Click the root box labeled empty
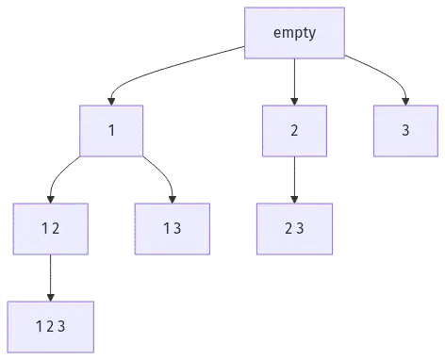pyautogui.click(x=294, y=33)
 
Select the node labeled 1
pyautogui.click(x=111, y=131)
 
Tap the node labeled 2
pyautogui.click(x=294, y=131)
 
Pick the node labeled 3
pyautogui.click(x=405, y=131)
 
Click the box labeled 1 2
pyautogui.click(x=51, y=229)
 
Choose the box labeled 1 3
pyautogui.click(x=173, y=229)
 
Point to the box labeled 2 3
pyautogui.click(x=294, y=229)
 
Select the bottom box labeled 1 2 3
pyautogui.click(x=51, y=327)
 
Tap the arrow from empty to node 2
pyautogui.click(x=294, y=82)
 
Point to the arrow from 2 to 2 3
pyautogui.click(x=294, y=180)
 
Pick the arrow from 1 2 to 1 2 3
pyautogui.click(x=51, y=278)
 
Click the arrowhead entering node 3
pyautogui.click(x=405, y=102)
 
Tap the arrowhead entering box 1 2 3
pyautogui.click(x=51, y=298)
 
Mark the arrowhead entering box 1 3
pyautogui.click(x=173, y=200)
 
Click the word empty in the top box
pyautogui.click(x=294, y=33)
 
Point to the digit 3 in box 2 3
pyautogui.click(x=300, y=228)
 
